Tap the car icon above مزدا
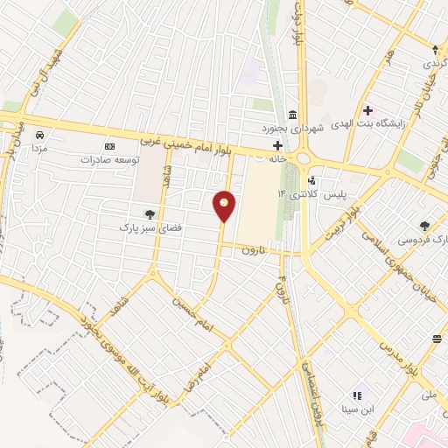pyautogui.click(x=40, y=135)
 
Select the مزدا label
pyautogui.click(x=40, y=150)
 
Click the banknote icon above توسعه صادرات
pyautogui.click(x=109, y=146)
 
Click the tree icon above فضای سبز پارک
pyautogui.click(x=149, y=213)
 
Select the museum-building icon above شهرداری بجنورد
pyautogui.click(x=291, y=114)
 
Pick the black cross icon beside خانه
pyautogui.click(x=276, y=144)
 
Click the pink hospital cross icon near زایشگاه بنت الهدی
pyautogui.click(x=367, y=110)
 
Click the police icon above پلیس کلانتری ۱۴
pyautogui.click(x=312, y=180)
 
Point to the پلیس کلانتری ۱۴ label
pyautogui.click(x=302, y=192)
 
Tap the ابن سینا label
pyautogui.click(x=360, y=409)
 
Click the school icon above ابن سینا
pyautogui.click(x=357, y=395)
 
